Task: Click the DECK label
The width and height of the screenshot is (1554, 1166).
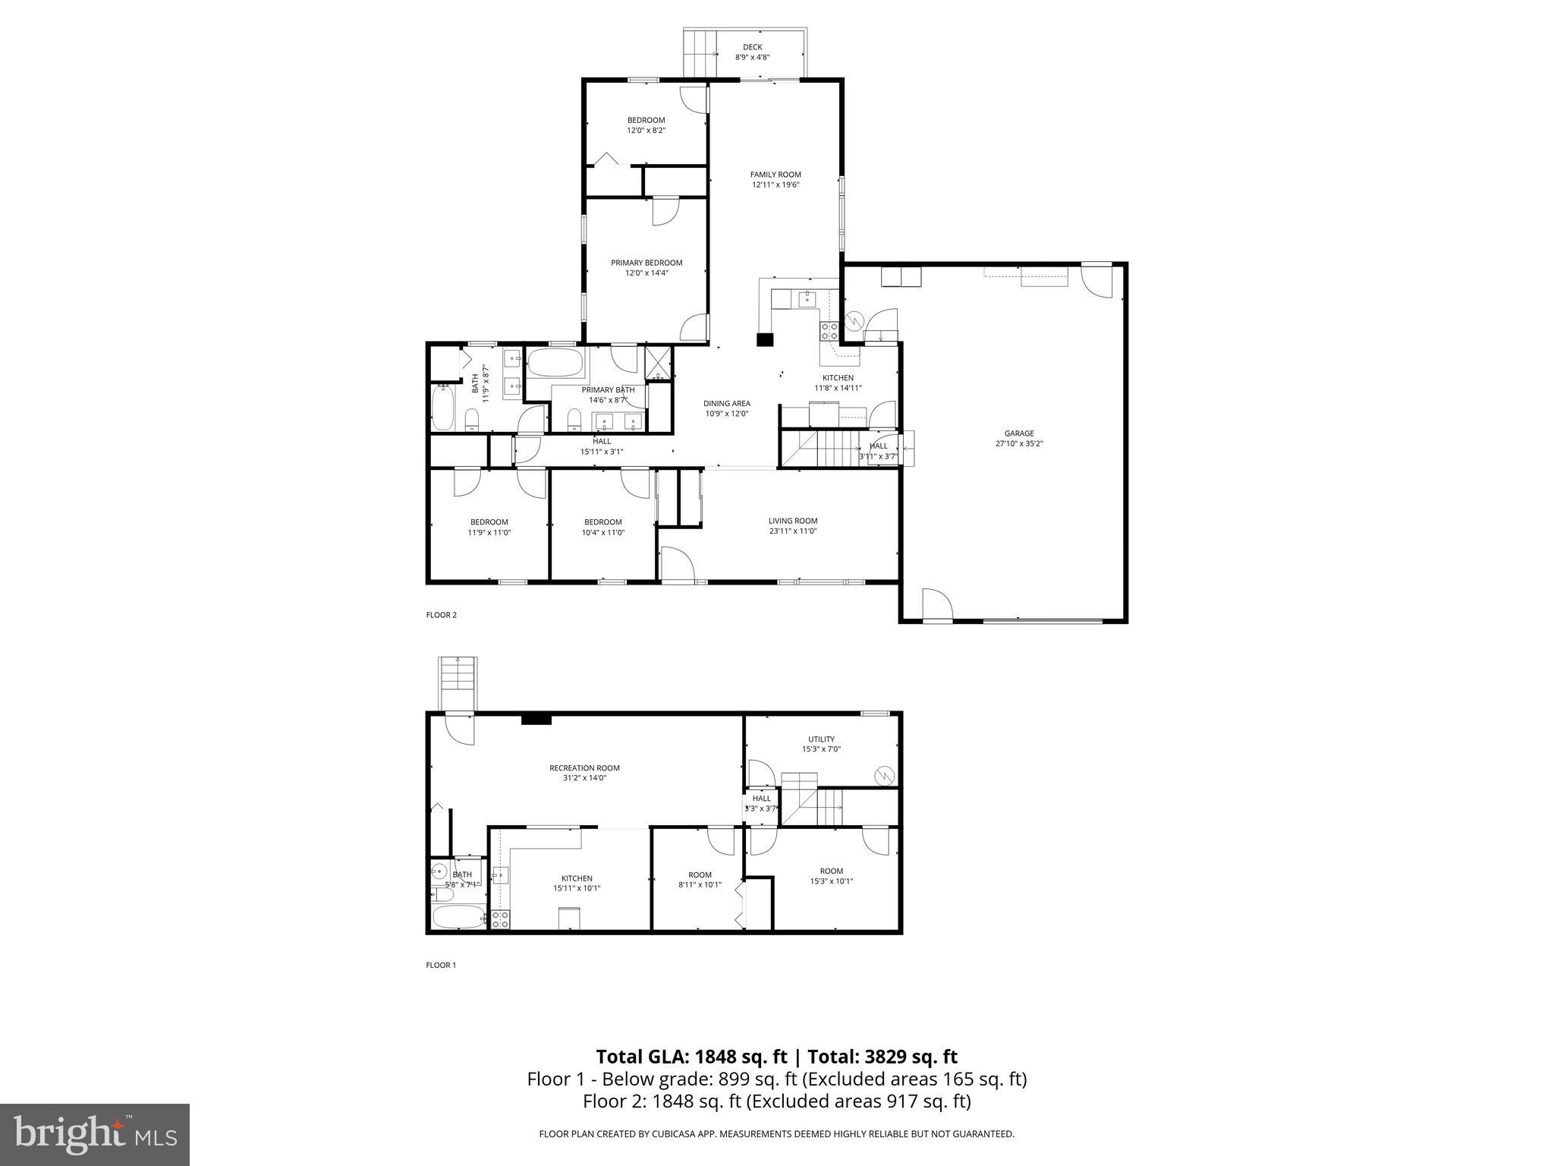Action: (752, 47)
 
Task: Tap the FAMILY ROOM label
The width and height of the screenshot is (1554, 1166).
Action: (775, 175)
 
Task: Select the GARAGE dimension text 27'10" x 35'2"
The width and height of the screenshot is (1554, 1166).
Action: (1019, 444)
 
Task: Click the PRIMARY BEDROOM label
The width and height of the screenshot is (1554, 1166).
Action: (646, 263)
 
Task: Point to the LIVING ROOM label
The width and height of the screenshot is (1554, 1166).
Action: (793, 521)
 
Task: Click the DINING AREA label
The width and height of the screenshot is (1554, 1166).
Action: (727, 404)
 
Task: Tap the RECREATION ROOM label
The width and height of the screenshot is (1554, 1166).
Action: (584, 767)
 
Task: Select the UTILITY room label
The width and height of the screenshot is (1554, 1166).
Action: (821, 739)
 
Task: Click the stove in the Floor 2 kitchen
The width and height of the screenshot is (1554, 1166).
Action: (829, 331)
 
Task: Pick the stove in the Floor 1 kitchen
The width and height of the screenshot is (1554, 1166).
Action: (500, 920)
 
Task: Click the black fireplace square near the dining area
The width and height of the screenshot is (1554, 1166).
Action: (765, 340)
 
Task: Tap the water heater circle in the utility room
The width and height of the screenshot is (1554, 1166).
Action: (885, 776)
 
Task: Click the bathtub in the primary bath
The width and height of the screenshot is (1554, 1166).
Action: (555, 364)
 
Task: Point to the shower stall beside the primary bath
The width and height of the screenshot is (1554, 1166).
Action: (656, 363)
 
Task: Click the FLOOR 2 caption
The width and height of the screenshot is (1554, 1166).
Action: (442, 615)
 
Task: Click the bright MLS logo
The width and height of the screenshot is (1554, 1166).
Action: (95, 1134)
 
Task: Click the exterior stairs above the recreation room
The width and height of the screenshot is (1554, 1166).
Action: (458, 683)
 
